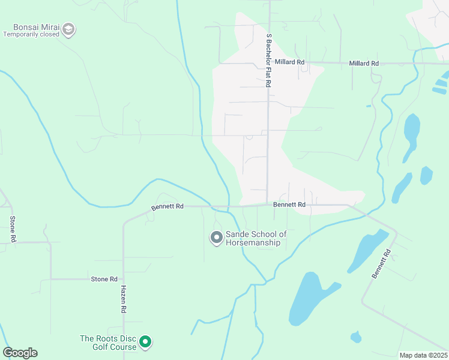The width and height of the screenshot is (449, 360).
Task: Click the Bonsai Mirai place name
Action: [x=35, y=27]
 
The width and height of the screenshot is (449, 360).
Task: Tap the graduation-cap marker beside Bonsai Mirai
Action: [x=69, y=29]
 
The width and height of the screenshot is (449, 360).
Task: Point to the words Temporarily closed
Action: [x=31, y=35]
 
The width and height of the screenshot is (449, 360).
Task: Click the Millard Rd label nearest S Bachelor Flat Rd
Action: [x=290, y=62]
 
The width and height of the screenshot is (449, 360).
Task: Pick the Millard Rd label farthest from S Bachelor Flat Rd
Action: [x=364, y=63]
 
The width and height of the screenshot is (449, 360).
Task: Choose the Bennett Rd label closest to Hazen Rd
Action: [x=167, y=206]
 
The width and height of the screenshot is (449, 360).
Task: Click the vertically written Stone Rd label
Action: [x=13, y=229]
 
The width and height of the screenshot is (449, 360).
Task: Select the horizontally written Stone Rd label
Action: [x=104, y=279]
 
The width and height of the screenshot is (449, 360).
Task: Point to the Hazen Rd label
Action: [x=124, y=299]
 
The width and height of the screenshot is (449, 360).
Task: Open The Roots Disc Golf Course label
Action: [x=108, y=342]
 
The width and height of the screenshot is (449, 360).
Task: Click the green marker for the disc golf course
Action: [x=145, y=342]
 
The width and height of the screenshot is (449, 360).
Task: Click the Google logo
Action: [x=20, y=352]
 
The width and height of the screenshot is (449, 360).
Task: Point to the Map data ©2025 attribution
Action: [x=423, y=355]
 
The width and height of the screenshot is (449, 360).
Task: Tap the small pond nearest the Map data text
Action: [x=356, y=337]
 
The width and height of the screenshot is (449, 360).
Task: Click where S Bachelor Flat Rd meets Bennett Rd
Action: [x=267, y=205]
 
